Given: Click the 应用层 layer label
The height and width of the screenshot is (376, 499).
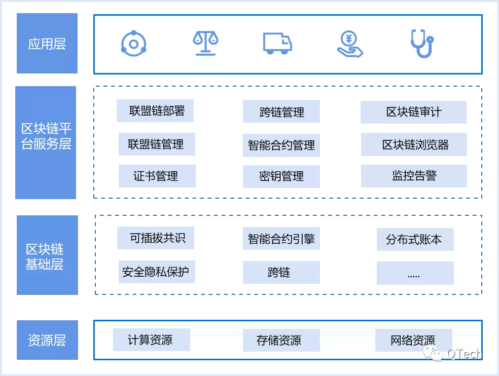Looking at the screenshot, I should coord(47,44).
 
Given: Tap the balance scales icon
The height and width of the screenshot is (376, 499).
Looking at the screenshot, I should coord(205,44).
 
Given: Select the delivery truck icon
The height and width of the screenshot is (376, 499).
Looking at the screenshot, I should coord(277,44).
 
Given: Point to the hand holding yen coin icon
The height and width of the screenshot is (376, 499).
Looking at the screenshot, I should coord(350,44).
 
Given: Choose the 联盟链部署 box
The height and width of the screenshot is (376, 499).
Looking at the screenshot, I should coord(155,111).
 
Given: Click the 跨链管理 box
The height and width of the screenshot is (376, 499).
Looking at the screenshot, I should coord(281,111).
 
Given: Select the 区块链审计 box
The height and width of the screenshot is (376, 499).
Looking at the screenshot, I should coord(413,112).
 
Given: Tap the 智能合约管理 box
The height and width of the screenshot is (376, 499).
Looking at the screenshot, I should coord(281,145).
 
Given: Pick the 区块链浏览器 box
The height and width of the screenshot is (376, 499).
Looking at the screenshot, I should coord(414,145).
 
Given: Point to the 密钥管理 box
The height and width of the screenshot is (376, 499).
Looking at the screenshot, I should coord(281,176).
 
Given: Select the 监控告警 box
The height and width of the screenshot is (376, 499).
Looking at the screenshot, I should coord(414,176).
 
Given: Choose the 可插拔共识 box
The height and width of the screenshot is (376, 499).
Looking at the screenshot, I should coord(156,238).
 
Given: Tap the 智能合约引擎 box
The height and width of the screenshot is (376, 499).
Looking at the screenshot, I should coord(281,239).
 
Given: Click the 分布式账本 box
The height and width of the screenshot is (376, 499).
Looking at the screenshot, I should coord(415,239).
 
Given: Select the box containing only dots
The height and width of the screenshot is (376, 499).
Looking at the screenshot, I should coord(415,273).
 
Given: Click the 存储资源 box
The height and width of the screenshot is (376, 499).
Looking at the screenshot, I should coord(281,340).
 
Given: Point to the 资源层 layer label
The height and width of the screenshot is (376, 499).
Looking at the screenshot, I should coord(47,340).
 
